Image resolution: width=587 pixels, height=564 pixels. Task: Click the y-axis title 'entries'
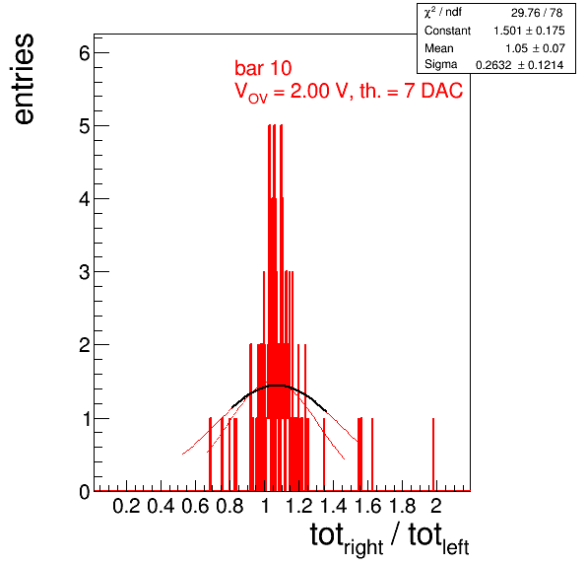(x=24, y=79)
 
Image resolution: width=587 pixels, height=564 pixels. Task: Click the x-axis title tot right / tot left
(x=389, y=538)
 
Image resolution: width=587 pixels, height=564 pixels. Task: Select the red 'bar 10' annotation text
(x=263, y=68)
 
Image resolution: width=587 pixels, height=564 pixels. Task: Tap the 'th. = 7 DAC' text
(x=411, y=91)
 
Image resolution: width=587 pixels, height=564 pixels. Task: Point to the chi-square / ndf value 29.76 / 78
(x=537, y=13)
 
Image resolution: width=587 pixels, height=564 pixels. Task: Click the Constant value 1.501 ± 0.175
(x=529, y=31)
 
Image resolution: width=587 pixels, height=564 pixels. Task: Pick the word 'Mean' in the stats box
(x=438, y=48)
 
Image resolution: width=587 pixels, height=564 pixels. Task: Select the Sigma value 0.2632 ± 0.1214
(x=520, y=65)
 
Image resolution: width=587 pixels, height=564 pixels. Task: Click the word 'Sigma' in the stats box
(x=440, y=64)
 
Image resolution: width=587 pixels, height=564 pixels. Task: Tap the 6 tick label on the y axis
(x=85, y=53)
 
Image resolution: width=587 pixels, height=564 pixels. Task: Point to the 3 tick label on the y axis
(x=85, y=272)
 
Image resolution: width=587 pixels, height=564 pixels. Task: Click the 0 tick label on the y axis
(x=85, y=491)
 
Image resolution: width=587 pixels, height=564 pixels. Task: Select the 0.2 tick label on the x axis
(x=126, y=506)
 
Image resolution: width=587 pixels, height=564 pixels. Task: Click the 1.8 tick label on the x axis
(x=403, y=506)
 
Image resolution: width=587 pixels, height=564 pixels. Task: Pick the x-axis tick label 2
(x=436, y=506)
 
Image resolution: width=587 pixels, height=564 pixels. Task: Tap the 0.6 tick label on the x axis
(x=195, y=506)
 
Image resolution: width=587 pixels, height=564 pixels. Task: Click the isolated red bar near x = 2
(x=433, y=455)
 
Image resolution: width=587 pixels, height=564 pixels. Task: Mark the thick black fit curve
(x=278, y=386)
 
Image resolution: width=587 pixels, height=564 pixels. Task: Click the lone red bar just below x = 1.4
(x=324, y=455)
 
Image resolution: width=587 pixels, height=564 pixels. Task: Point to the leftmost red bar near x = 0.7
(x=210, y=455)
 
